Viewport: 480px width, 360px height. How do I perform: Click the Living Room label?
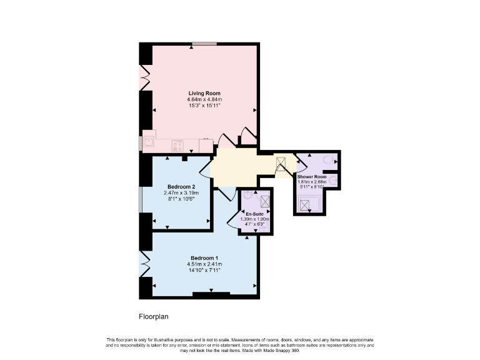[x=204, y=93]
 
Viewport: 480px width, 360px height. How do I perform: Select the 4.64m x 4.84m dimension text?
[x=204, y=99]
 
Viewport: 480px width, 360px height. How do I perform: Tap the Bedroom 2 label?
[x=182, y=186]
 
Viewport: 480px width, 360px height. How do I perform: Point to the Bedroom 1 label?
[x=204, y=258]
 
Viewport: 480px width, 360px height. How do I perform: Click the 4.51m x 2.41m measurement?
[x=204, y=264]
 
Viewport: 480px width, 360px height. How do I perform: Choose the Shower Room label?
[x=312, y=177]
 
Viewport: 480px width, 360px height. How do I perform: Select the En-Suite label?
[x=254, y=214]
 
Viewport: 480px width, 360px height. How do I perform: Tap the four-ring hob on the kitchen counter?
[x=177, y=146]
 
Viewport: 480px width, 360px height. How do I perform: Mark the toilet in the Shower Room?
[x=327, y=159]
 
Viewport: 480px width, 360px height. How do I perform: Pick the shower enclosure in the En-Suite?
[x=266, y=201]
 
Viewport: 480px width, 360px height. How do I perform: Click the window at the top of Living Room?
[x=204, y=43]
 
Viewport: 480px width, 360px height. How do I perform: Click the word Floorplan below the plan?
[x=154, y=316]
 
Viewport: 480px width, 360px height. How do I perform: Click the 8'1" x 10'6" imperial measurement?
[x=179, y=199]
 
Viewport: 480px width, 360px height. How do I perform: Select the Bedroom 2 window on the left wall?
[x=141, y=200]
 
